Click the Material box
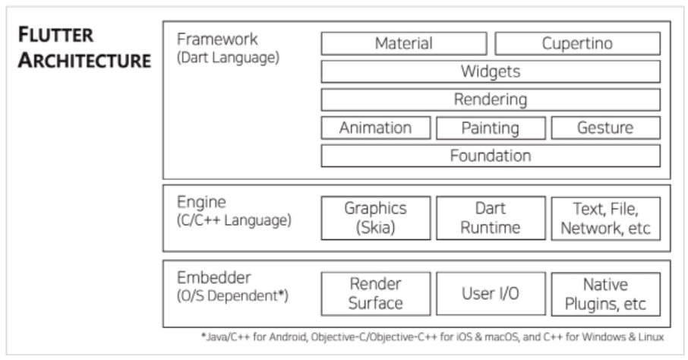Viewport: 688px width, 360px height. coord(403,43)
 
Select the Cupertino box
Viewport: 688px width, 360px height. coord(577,43)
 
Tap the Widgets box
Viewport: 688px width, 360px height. coord(490,71)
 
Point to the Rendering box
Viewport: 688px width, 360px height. coord(490,99)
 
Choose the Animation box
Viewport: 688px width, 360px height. coord(375,128)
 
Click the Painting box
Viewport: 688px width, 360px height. coord(490,128)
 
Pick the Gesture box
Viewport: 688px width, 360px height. coord(605,128)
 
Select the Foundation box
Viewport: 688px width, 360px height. coord(490,156)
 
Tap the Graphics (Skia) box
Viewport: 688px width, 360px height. coord(375,218)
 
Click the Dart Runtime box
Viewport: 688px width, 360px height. coord(490,218)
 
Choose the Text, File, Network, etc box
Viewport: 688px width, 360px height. coord(605,218)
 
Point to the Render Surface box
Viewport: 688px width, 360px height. coord(375,294)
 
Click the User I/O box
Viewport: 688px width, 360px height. coord(490,294)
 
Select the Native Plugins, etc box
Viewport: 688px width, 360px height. coord(605,294)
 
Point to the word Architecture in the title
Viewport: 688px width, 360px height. coord(84,61)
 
